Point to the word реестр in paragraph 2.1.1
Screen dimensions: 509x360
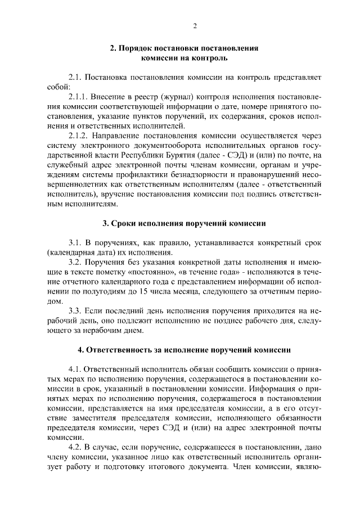coord(132,97)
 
